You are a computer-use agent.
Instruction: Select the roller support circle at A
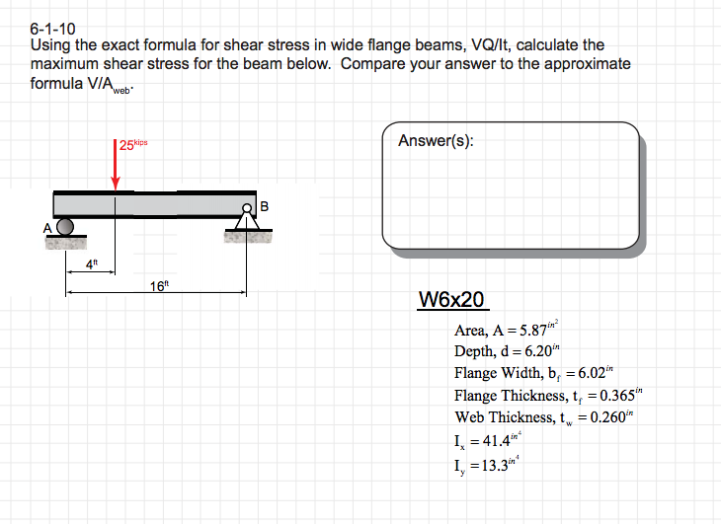point(65,226)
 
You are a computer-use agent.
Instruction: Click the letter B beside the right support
point(264,206)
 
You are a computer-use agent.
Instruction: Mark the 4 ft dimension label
point(92,263)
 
